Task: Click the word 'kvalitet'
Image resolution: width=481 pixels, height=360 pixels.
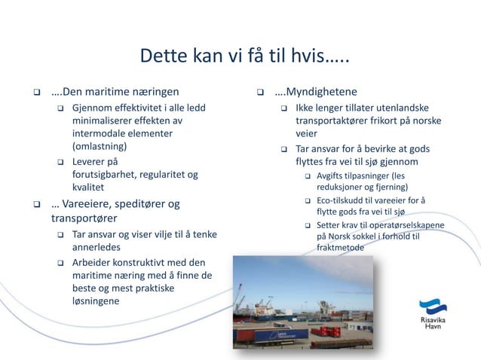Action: click(x=89, y=188)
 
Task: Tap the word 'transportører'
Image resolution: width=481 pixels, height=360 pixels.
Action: click(x=84, y=218)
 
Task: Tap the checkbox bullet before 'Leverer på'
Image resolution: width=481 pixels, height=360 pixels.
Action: click(x=60, y=162)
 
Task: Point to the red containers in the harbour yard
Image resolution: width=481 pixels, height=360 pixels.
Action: click(x=325, y=331)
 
